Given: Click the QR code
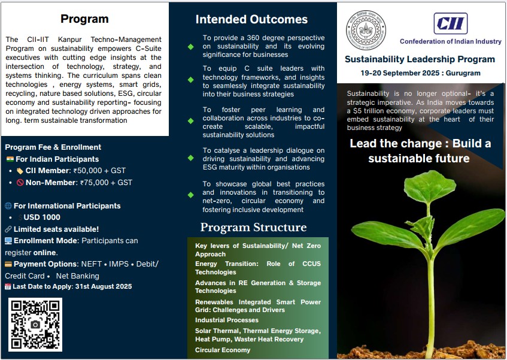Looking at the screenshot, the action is click(x=35, y=325).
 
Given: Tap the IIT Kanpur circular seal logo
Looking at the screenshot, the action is click(x=366, y=30).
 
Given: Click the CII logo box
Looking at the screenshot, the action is click(x=450, y=23).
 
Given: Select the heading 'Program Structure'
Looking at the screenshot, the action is click(x=253, y=227).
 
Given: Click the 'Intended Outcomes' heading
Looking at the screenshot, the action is click(x=251, y=19).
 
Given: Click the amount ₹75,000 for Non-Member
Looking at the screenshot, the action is click(x=95, y=183).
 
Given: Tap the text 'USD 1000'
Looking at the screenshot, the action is click(x=42, y=217).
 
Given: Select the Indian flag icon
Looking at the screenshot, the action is click(x=10, y=159).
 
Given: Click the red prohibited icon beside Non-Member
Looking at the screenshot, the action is click(x=20, y=183).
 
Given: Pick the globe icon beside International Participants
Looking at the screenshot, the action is click(x=8, y=205).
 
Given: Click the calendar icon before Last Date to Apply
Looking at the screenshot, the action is click(x=8, y=286).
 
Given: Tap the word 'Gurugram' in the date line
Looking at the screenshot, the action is click(x=463, y=73).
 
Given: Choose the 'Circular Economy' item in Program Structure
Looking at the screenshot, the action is click(x=223, y=350).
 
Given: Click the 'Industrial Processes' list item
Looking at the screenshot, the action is click(x=227, y=320).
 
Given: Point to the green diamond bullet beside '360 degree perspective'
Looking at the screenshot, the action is click(x=191, y=47).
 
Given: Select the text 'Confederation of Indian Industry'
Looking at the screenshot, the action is click(x=450, y=41).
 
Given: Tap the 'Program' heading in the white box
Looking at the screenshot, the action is click(x=84, y=19).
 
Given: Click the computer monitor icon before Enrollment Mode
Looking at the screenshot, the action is click(x=8, y=241).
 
